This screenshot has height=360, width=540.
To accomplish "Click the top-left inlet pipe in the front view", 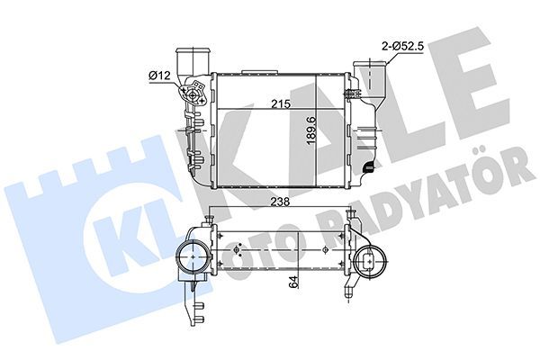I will pyautogui.click(x=191, y=64).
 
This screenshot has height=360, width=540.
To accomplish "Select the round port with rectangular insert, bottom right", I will pyautogui.click(x=372, y=262).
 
